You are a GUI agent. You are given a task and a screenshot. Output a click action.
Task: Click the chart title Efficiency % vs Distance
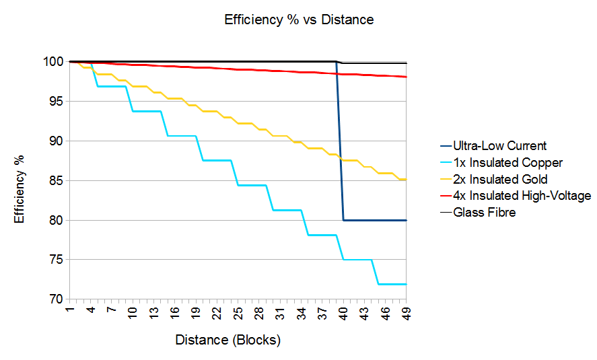click(299, 20)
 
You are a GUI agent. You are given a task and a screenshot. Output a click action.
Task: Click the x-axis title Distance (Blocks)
click(227, 340)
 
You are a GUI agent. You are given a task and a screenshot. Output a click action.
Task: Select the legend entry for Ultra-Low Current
click(499, 145)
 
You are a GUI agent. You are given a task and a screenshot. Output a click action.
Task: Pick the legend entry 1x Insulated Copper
click(507, 162)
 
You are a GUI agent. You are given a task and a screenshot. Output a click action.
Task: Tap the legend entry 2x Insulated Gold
click(500, 179)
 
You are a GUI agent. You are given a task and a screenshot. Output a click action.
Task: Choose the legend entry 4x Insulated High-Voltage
click(522, 196)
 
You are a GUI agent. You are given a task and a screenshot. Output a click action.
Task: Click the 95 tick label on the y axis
click(56, 102)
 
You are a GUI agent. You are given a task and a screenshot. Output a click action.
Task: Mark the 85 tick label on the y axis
click(56, 180)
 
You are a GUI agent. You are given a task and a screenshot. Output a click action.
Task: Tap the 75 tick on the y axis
click(56, 260)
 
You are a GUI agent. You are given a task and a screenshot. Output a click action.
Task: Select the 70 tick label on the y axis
click(56, 299)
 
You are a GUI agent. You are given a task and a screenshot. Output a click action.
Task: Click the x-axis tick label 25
click(238, 314)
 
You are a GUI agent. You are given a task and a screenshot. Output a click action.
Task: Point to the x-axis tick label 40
click(343, 314)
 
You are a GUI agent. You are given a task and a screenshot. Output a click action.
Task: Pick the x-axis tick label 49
click(407, 314)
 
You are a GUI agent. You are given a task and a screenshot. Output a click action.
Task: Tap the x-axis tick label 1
click(69, 314)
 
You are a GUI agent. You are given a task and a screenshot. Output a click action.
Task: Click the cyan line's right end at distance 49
click(406, 284)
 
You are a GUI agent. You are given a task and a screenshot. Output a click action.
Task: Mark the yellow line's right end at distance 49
click(406, 180)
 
